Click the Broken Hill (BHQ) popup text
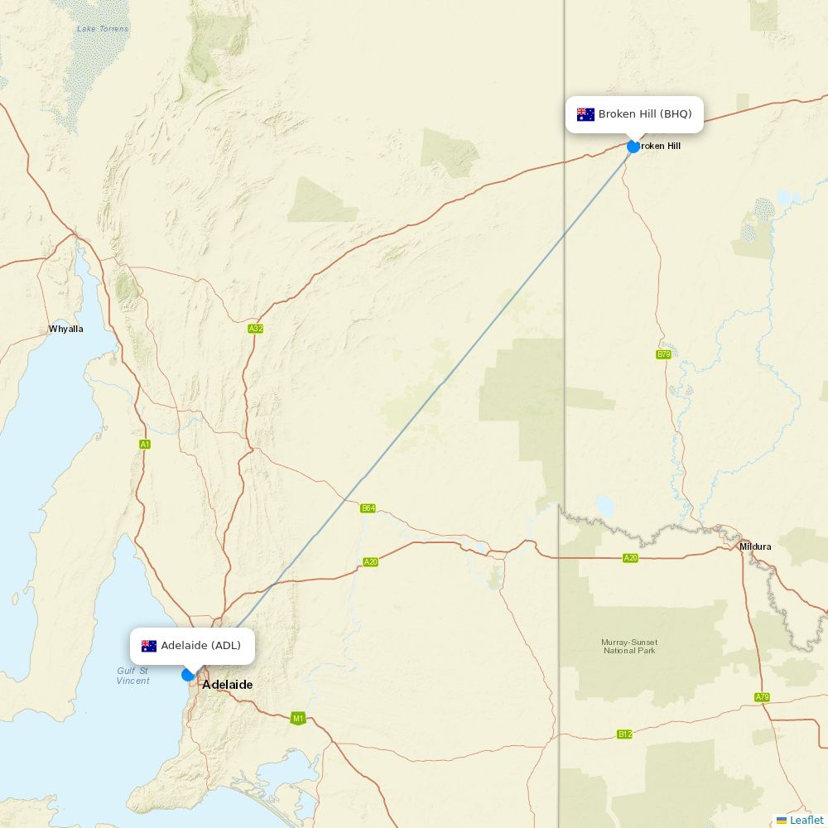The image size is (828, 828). (644, 114)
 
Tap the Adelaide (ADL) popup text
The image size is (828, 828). (200, 646)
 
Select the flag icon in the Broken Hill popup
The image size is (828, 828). (585, 114)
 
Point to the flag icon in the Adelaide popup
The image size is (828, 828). (149, 646)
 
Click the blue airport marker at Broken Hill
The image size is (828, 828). (633, 147)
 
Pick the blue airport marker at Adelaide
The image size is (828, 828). (188, 675)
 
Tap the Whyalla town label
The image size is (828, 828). (66, 329)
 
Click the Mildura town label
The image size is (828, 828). (755, 546)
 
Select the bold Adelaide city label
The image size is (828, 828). (228, 685)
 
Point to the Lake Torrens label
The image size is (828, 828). (103, 29)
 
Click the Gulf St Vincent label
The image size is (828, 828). (132, 676)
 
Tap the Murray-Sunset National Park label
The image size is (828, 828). (629, 646)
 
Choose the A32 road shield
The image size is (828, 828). (256, 329)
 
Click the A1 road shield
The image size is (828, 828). (145, 445)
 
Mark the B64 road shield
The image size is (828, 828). (368, 508)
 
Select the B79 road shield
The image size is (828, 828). (663, 354)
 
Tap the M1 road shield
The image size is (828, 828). (298, 718)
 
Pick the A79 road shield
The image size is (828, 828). (762, 697)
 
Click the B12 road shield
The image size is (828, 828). (624, 734)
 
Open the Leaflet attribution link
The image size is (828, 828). (806, 820)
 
